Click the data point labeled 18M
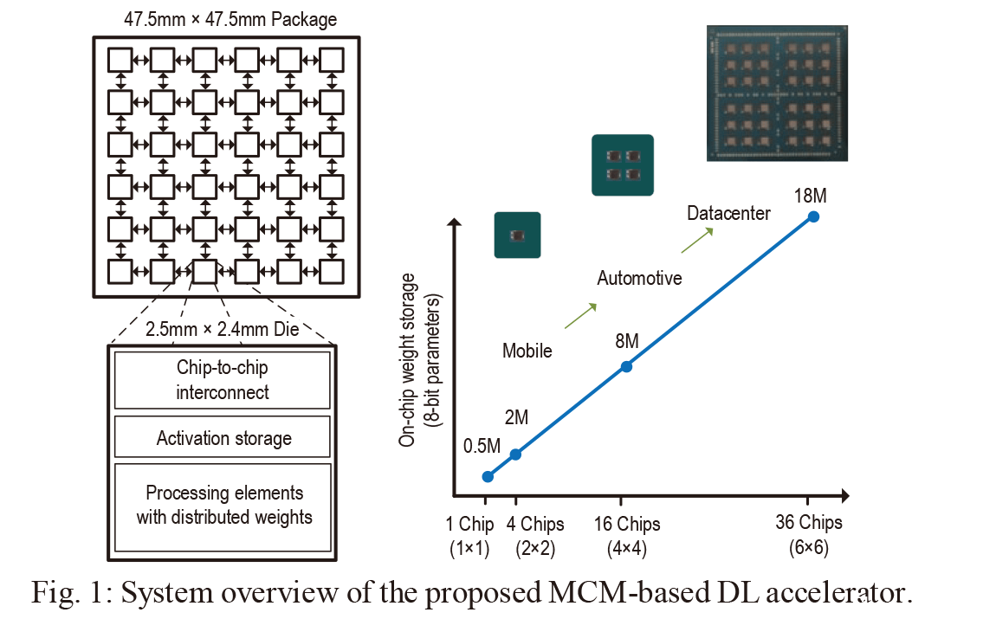(x=813, y=216)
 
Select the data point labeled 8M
(x=625, y=366)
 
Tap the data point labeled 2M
(x=515, y=455)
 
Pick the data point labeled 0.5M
(x=488, y=477)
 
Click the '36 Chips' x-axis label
(x=809, y=523)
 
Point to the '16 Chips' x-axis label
(x=627, y=524)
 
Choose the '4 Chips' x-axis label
(x=535, y=524)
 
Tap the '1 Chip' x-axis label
(x=469, y=524)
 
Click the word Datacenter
(x=728, y=214)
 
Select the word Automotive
(x=639, y=278)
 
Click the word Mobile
(x=527, y=351)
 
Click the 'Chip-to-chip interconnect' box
(x=223, y=380)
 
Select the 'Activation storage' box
(x=223, y=437)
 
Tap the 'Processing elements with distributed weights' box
(x=223, y=507)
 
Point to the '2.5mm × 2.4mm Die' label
(x=223, y=329)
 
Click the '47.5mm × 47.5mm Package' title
(x=230, y=19)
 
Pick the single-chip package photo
(x=517, y=235)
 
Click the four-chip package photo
(x=623, y=164)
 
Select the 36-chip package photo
(x=777, y=93)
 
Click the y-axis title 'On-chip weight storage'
(x=407, y=360)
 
